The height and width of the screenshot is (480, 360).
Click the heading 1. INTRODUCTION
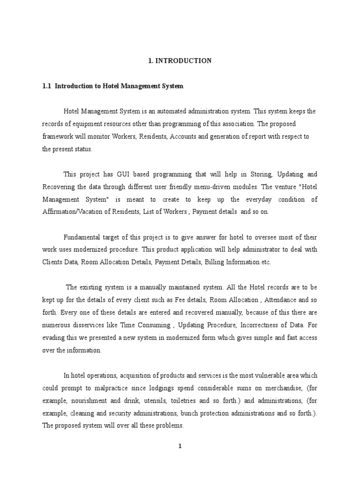click(180, 61)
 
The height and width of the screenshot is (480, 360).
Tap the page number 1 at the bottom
click(180, 446)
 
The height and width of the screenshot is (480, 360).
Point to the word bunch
click(191, 413)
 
